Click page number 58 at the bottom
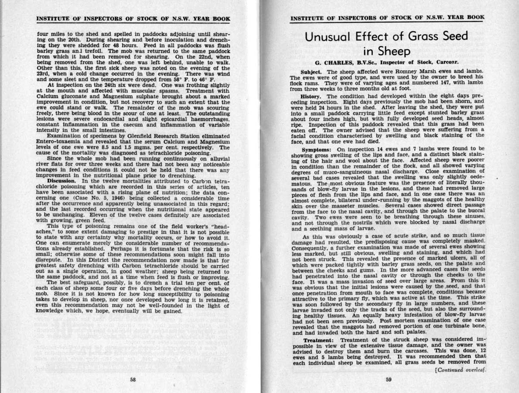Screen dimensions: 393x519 133,379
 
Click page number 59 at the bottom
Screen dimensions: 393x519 389,379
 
